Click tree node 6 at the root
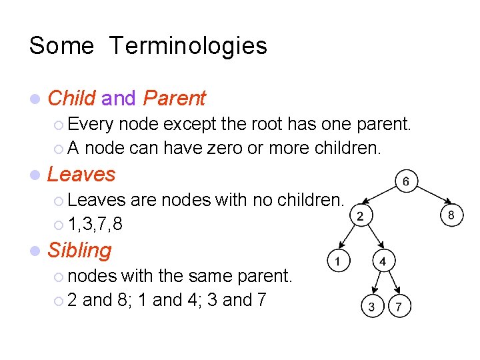pos(407,181)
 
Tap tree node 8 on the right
pos(451,215)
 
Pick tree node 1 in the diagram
pos(339,261)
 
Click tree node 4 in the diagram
pos(383,261)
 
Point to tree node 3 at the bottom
pos(371,307)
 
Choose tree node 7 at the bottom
pos(399,307)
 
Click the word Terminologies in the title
pos(187,46)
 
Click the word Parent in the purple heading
pos(174,99)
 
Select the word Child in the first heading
pos(71,99)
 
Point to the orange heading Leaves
pos(81,175)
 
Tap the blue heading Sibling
pos(79,251)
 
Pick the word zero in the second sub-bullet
pos(223,147)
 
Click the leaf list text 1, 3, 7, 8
pos(95,224)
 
